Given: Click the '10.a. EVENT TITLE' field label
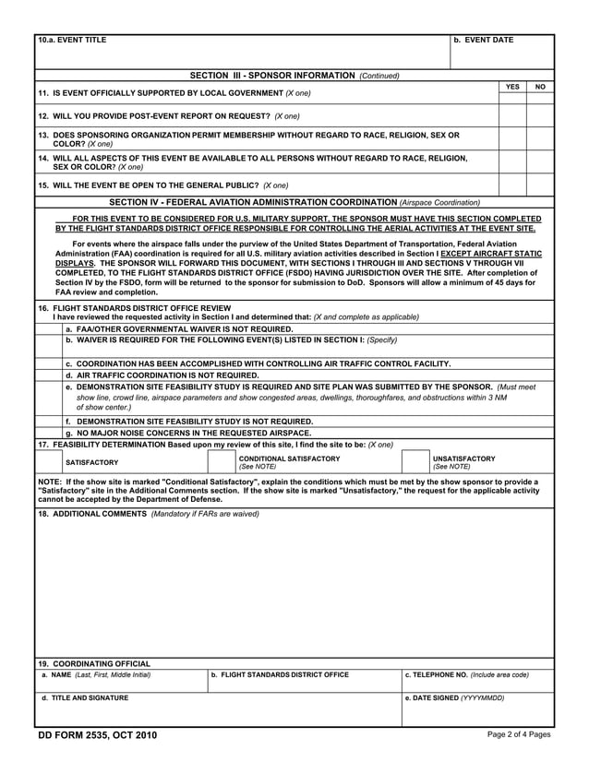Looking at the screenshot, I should click(72, 41).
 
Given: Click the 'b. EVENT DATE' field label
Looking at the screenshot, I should click(485, 41).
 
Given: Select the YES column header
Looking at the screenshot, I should click(512, 86).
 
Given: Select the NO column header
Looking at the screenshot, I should click(540, 86).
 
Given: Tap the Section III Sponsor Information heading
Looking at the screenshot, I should click(294, 75).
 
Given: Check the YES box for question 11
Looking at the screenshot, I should click(512, 95).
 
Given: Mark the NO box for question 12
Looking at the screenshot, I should click(540, 116).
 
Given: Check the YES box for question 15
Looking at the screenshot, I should click(512, 185).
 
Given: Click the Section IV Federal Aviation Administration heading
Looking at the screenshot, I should click(294, 201).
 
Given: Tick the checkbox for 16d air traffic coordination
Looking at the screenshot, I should click(49, 375).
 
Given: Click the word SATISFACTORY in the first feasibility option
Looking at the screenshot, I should click(92, 462).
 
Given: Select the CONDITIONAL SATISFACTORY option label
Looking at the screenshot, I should click(289, 458).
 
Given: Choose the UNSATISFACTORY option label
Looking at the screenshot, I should click(463, 458).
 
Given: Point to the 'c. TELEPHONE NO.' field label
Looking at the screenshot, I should click(467, 675).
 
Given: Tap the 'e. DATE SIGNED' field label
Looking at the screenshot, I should click(454, 698).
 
